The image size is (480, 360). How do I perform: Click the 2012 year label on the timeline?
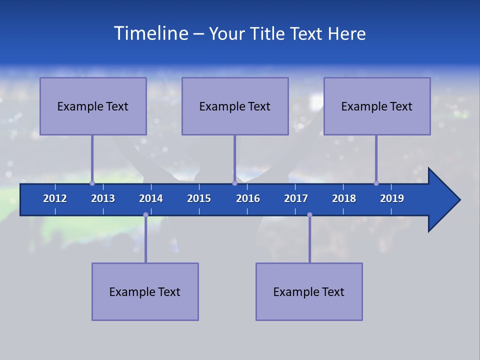coord(55,198)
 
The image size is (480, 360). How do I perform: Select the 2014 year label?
coord(151,198)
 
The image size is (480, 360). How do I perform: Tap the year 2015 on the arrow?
coord(199,198)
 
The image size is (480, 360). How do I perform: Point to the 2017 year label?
coord(296,198)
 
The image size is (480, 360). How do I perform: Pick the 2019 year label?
coord(392,198)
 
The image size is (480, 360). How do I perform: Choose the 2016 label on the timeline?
coord(248,198)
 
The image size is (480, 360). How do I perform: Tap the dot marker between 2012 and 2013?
coord(92,183)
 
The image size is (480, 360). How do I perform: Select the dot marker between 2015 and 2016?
coord(234,183)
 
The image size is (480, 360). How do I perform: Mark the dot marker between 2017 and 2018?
coord(309,215)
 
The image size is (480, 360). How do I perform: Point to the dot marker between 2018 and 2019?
coord(376,183)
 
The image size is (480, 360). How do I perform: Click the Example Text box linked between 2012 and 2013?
coord(93,106)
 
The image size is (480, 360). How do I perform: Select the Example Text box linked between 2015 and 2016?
coord(235,106)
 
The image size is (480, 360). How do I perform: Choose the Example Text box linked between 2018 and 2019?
coord(377,106)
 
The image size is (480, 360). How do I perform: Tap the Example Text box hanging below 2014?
coord(145,291)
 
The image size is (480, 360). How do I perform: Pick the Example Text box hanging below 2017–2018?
coord(309,291)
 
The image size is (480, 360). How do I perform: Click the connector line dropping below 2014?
coord(145,240)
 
